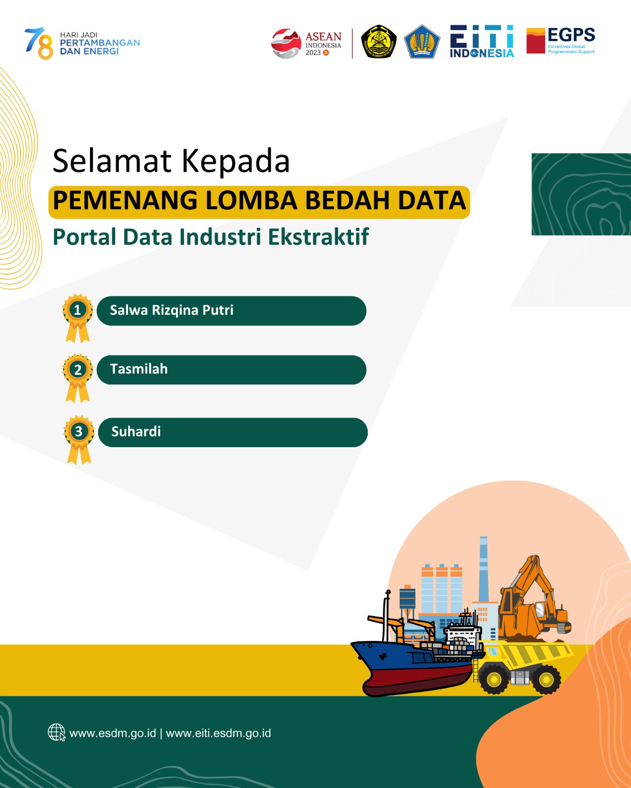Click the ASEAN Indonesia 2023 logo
(x=306, y=43)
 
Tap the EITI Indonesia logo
(x=482, y=41)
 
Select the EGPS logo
(x=561, y=41)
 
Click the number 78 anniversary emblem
(x=39, y=43)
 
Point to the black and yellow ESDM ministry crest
(x=379, y=42)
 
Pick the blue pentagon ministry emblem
(x=421, y=42)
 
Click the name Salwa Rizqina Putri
(x=172, y=310)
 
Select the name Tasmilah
(x=139, y=369)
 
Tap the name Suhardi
(x=136, y=432)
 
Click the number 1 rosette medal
(x=77, y=318)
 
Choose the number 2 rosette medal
(x=77, y=378)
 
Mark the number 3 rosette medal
(x=79, y=439)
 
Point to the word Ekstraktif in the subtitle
(x=318, y=237)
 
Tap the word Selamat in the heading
(x=112, y=161)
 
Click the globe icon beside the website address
(x=57, y=732)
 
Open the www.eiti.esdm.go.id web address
(x=218, y=733)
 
